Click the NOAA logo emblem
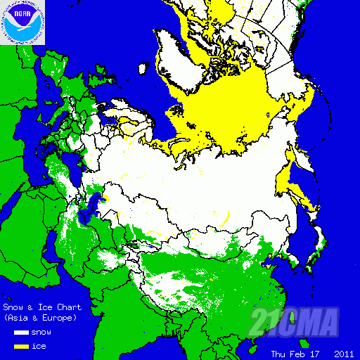(x=22, y=22)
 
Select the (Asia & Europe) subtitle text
(x=40, y=318)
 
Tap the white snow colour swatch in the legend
(x=20, y=332)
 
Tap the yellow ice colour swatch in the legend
(x=20, y=346)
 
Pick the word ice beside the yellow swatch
(x=39, y=346)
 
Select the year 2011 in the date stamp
(x=344, y=353)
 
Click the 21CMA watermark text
(x=295, y=322)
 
